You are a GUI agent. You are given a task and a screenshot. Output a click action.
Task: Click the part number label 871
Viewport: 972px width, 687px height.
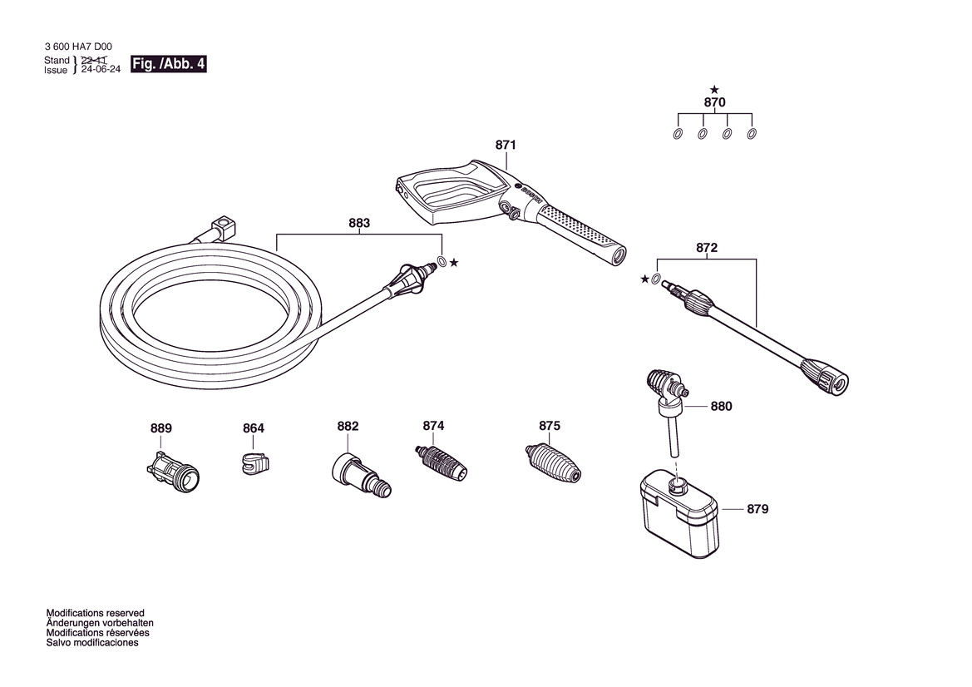[506, 145]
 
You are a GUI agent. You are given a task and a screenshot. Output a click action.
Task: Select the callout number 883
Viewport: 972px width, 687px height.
[359, 223]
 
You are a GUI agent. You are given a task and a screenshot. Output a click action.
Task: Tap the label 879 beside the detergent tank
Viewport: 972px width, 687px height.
[757, 509]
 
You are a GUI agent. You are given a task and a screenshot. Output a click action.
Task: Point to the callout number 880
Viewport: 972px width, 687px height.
[721, 406]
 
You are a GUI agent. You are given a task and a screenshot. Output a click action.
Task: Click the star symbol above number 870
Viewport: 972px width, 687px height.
[714, 90]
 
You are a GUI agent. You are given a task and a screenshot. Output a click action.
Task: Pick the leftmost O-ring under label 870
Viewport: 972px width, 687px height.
[678, 134]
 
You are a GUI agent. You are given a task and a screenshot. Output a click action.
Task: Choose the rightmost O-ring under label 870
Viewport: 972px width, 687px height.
[752, 134]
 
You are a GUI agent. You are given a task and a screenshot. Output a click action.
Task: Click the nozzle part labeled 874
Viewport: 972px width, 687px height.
[440, 462]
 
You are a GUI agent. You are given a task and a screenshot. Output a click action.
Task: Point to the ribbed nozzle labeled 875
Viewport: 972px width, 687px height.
[553, 462]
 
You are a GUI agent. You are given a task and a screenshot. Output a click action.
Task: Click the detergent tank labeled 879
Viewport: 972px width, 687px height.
[679, 514]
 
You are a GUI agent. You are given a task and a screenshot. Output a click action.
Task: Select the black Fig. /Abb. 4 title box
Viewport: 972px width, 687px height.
[169, 64]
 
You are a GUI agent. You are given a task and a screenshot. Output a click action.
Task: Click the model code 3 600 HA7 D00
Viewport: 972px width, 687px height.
[78, 47]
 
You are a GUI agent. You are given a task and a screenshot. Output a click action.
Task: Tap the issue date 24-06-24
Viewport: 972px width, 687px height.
[101, 70]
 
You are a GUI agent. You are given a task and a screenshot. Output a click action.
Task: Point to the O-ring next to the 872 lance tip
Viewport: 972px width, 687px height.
[656, 279]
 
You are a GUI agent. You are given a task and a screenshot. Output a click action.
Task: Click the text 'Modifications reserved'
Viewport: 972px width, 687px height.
[96, 613]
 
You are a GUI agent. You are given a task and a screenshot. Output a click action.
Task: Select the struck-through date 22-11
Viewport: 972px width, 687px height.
[94, 60]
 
